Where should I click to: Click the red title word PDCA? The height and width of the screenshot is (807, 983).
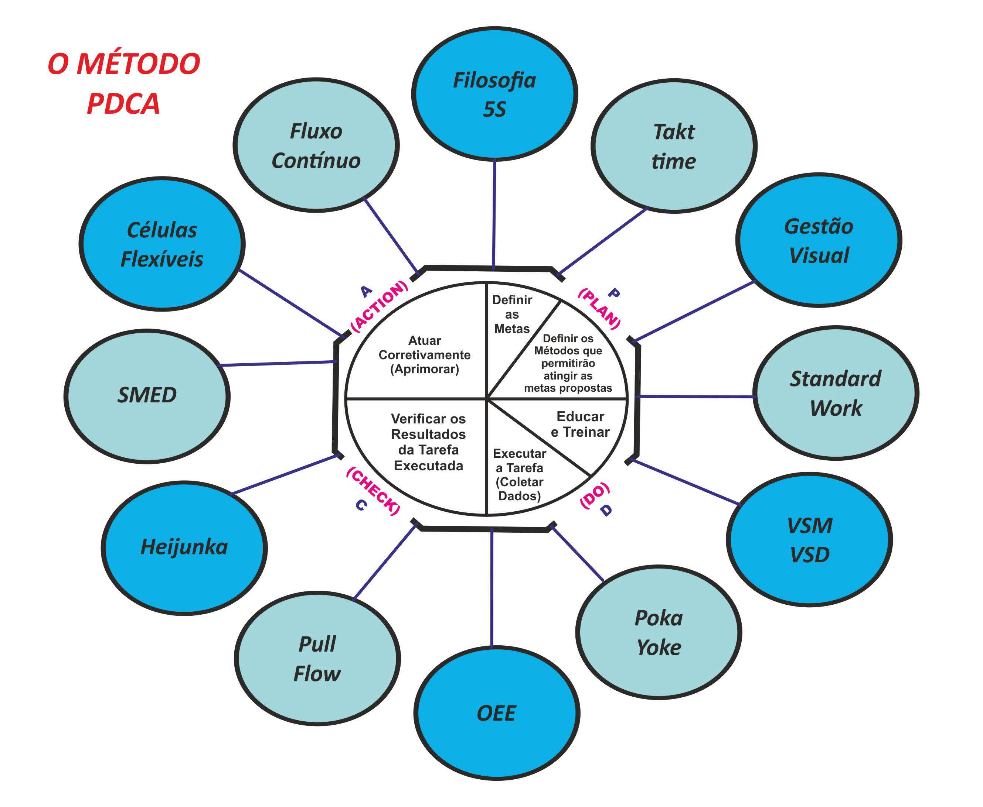(123, 103)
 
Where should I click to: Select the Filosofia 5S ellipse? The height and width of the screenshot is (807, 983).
(494, 95)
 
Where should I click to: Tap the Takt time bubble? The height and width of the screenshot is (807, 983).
(674, 146)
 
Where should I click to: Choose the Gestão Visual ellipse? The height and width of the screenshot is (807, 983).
(819, 240)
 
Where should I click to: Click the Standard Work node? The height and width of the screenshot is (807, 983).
(836, 393)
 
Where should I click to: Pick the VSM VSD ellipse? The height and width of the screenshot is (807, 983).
(809, 540)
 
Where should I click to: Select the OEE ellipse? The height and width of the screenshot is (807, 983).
(496, 713)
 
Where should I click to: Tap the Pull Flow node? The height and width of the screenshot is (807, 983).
(317, 658)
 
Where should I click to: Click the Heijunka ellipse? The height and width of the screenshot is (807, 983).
(184, 547)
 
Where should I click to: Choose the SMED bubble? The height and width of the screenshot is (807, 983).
(147, 396)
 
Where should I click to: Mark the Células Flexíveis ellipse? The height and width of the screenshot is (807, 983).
(162, 244)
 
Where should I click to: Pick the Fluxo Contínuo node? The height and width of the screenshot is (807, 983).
(316, 145)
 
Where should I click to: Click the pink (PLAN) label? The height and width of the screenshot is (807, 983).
(599, 309)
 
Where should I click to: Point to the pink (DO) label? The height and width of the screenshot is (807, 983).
(594, 495)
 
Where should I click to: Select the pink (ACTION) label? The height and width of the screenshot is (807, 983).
(380, 306)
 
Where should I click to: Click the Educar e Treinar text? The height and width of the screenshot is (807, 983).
(580, 424)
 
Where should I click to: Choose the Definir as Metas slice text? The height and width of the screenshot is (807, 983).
(512, 314)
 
